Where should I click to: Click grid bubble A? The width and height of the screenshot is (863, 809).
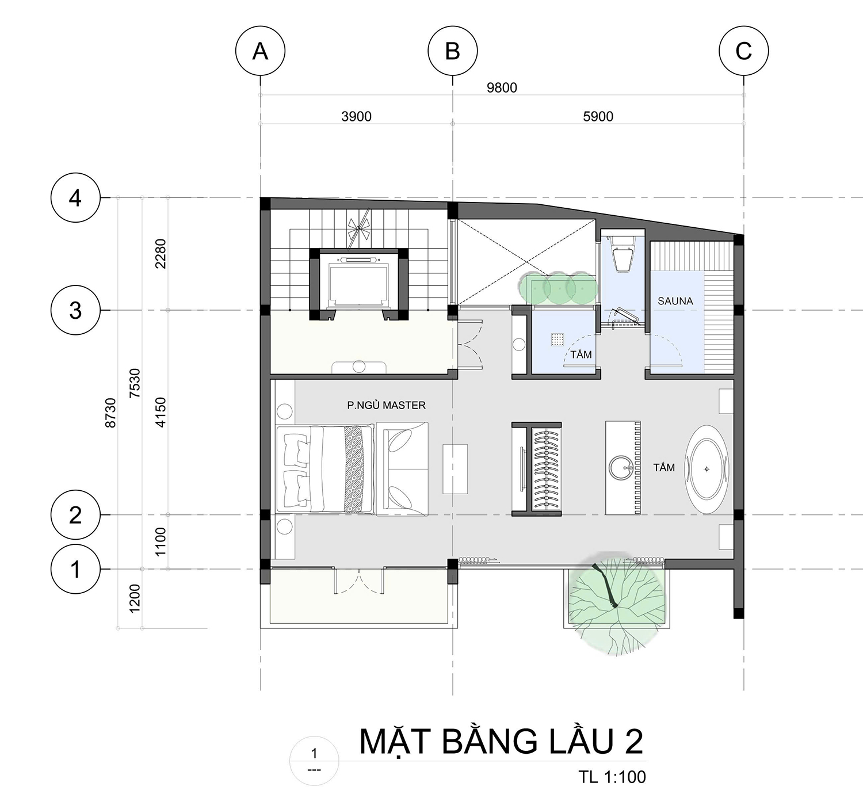click(x=260, y=51)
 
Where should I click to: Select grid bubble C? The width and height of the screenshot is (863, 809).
click(x=743, y=51)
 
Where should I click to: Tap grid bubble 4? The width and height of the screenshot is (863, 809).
click(x=75, y=198)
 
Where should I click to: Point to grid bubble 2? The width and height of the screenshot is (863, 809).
click(x=75, y=515)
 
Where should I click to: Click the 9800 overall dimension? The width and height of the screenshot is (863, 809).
click(x=502, y=88)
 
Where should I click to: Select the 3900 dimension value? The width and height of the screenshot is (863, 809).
click(x=356, y=116)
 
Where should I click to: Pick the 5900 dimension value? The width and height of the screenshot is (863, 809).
click(x=598, y=116)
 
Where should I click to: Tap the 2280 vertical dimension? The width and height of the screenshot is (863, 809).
click(x=161, y=254)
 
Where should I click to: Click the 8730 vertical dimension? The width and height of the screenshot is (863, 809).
click(x=111, y=413)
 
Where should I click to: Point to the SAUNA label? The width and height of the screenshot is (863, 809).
click(x=675, y=301)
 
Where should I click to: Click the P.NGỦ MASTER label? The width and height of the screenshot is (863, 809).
click(x=386, y=405)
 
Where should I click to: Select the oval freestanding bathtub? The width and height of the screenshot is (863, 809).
click(x=707, y=469)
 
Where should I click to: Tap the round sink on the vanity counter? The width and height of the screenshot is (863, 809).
click(x=621, y=468)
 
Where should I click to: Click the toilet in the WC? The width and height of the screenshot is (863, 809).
click(x=622, y=254)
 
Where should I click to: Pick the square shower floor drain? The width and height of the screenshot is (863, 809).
click(x=558, y=340)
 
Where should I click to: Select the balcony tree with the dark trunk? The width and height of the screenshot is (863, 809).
click(x=617, y=604)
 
